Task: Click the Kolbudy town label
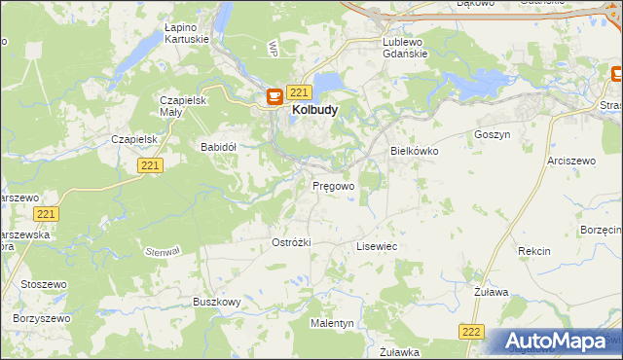point(314,111)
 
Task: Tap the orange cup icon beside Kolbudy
point(275,94)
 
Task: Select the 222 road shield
point(471,332)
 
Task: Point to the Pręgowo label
point(333,185)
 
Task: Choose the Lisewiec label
point(377,247)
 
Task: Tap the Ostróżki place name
point(291,241)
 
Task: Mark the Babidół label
point(219,147)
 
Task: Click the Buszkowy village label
point(216,303)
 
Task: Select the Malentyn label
point(332,322)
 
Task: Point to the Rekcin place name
point(534,251)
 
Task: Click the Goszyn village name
point(492,134)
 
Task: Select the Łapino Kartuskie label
point(189,34)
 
